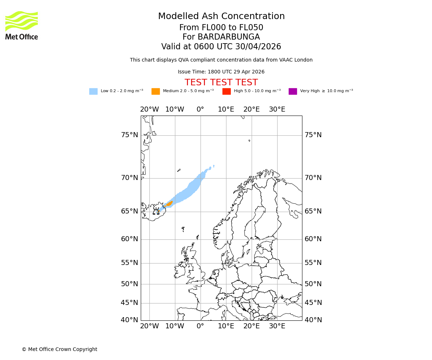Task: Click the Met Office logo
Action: [x=22, y=25]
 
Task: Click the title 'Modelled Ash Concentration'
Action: [x=221, y=17]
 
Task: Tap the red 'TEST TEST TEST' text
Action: [x=221, y=83]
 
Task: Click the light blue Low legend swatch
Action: [x=93, y=91]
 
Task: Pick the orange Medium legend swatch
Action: [x=156, y=91]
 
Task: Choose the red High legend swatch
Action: [x=226, y=91]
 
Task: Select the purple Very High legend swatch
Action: [x=293, y=91]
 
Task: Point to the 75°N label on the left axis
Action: [x=129, y=135]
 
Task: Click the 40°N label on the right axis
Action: [x=313, y=320]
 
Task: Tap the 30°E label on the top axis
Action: [x=277, y=109]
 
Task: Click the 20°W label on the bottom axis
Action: [x=149, y=327]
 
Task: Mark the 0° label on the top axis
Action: [x=201, y=109]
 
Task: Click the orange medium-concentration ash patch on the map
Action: [x=169, y=204]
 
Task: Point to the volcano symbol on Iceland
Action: [x=156, y=212]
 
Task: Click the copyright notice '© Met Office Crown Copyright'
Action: [x=59, y=350]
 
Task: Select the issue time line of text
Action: [x=221, y=72]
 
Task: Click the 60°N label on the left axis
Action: [x=129, y=239]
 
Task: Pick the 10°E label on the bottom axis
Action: [x=226, y=327]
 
